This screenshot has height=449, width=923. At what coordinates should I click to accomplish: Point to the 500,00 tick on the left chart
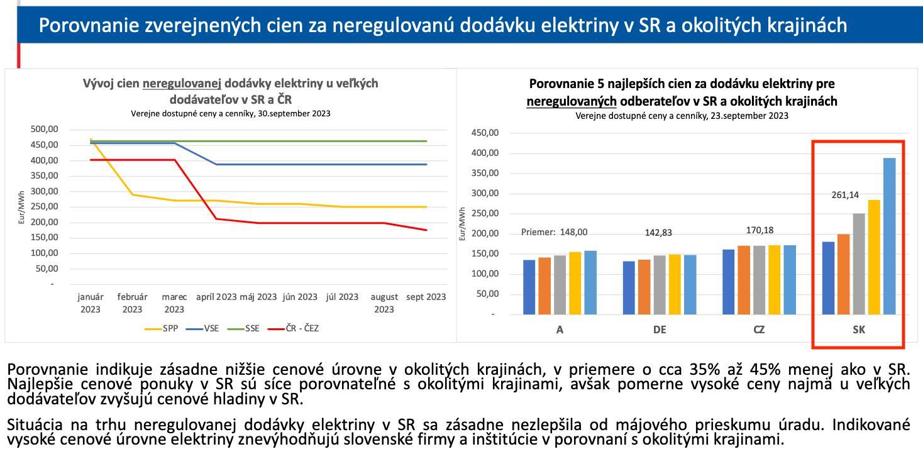(44, 130)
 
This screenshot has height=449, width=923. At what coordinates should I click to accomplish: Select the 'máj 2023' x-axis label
(258, 297)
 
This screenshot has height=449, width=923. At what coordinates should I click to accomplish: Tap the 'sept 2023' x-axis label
(426, 297)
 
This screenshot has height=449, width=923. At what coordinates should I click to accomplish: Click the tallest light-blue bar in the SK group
(889, 236)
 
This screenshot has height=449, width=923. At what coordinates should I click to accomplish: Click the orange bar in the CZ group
(744, 280)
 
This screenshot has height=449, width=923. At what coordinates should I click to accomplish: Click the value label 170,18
(760, 230)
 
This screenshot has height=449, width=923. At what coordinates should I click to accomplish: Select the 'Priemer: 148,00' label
(555, 232)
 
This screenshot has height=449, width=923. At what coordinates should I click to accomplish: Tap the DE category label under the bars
(660, 330)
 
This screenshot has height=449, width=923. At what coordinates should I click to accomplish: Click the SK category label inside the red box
(859, 330)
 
